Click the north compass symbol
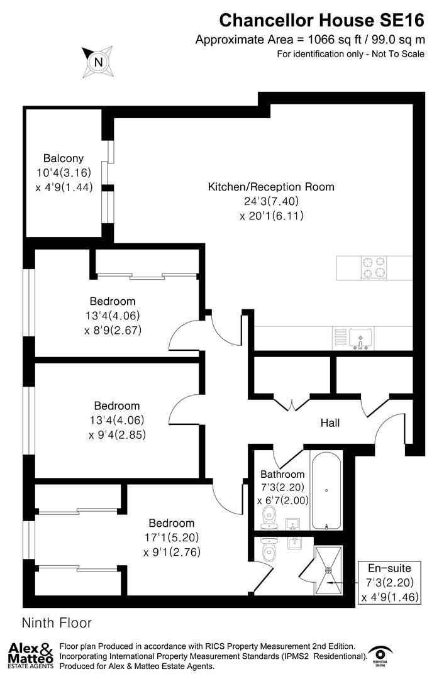coord(97,61)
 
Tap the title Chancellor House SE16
coord(321,20)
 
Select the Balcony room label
coord(63,158)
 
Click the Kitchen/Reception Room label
coord(271,187)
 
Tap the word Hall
coord(330,423)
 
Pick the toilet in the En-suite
coord(269,553)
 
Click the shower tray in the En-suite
coord(328,570)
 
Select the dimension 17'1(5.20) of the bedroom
coord(172,538)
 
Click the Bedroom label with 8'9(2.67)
coord(113,301)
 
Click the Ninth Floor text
coord(57,623)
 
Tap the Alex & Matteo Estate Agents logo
coord(30,656)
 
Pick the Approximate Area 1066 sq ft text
coord(309,40)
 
